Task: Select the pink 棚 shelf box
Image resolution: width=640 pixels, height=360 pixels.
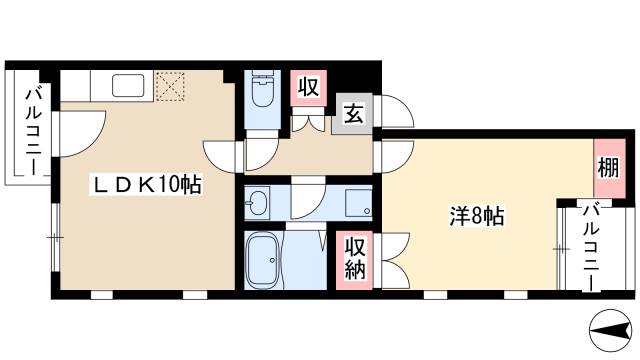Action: pyautogui.click(x=607, y=162)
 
